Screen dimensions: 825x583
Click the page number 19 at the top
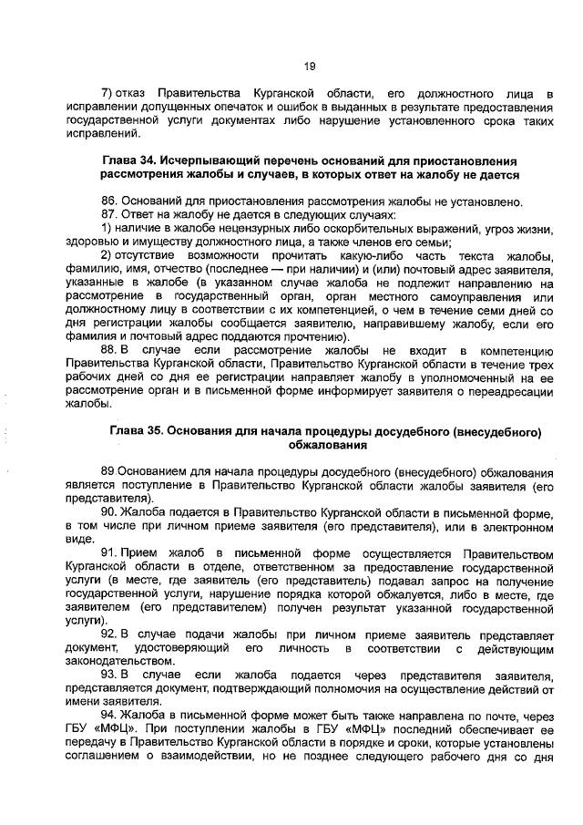(310, 66)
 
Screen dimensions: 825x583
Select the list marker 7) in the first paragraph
(106, 94)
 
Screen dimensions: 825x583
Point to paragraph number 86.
(109, 201)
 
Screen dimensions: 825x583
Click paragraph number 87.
(109, 214)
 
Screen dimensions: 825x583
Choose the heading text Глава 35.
(137, 431)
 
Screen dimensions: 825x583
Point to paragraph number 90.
(109, 512)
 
